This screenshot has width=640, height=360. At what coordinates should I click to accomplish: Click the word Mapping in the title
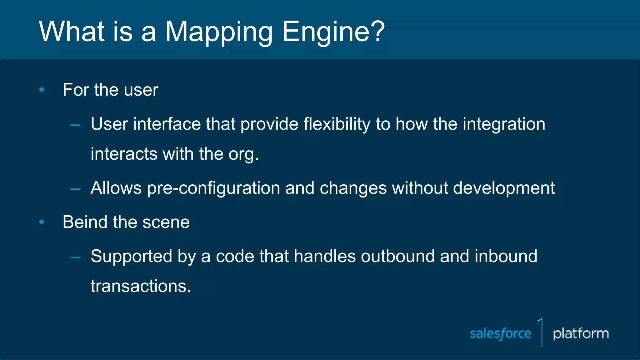[x=219, y=32]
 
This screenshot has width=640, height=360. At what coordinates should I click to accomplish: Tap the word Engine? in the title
[x=333, y=32]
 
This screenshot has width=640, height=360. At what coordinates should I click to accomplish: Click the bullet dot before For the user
[x=42, y=90]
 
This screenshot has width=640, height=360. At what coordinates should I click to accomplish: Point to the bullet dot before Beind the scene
[x=42, y=222]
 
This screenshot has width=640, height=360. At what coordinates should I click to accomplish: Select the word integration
[x=504, y=124]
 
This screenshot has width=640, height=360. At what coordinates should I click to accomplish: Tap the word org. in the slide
[x=243, y=154]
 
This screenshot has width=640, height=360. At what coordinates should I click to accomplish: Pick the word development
[x=504, y=188]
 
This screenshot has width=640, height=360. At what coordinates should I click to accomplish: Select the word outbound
[x=397, y=256]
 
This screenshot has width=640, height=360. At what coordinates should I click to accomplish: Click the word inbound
[x=506, y=256]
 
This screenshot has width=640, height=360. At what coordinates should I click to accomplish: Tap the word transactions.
[x=141, y=286]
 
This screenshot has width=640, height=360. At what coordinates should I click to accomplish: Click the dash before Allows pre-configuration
[x=75, y=189]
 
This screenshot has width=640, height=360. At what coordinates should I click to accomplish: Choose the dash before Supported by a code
[x=75, y=257]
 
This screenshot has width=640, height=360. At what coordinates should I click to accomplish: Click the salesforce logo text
[x=500, y=334]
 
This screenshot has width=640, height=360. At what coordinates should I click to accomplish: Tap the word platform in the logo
[x=581, y=334]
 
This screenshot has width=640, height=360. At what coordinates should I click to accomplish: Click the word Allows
[x=116, y=188]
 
